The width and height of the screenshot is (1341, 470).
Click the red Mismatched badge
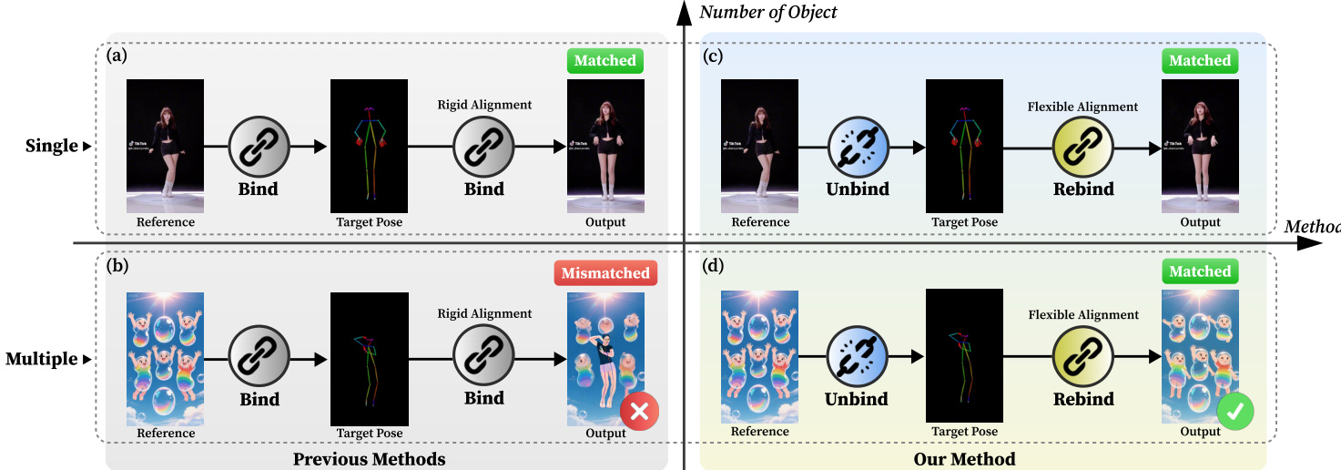coord(605,272)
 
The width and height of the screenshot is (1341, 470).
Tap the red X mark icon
coord(639,412)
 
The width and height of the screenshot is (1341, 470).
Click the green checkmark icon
coord(1234,412)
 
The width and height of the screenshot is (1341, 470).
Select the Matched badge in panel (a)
coord(605,61)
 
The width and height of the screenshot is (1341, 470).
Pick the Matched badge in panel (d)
coord(1200,271)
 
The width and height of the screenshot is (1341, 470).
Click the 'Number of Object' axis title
coord(768,12)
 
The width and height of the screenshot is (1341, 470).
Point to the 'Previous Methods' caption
coord(369,458)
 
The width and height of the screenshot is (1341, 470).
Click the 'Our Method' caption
coord(964,458)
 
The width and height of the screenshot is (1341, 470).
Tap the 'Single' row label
coord(52,146)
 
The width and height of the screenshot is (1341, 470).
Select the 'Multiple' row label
coord(42,359)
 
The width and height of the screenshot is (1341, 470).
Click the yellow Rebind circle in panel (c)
coord(1083,146)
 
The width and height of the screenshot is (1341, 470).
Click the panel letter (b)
coord(117,267)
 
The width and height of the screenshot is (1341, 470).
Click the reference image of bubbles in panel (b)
coord(165,357)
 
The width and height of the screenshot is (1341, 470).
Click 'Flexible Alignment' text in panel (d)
coord(1083,315)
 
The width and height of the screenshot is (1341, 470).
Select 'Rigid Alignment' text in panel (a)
coord(484,105)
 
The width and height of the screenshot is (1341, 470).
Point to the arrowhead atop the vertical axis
coord(683,11)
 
